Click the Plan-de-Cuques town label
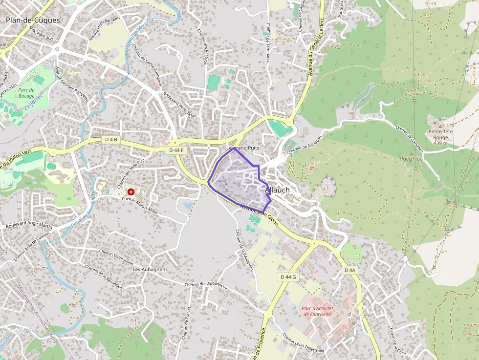[33, 21]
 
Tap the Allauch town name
[277, 190]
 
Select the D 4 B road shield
[111, 140]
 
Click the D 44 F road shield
[176, 150]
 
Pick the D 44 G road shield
[289, 277]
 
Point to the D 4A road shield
[349, 270]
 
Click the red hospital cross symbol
[131, 192]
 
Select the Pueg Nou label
[411, 159]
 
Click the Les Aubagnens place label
[150, 269]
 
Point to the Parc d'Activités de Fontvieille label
[317, 311]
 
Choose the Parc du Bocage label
[26, 93]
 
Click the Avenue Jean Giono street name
[259, 215]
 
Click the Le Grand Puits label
[243, 148]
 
